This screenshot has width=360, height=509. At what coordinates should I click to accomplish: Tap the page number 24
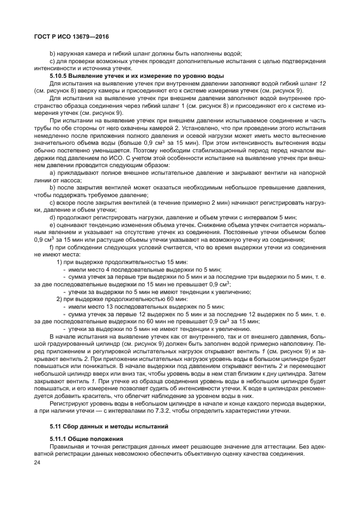tap(38, 462)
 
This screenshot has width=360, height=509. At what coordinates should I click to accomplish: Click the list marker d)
tap(52, 217)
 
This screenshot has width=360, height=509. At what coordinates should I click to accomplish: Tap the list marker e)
tap(52, 224)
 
